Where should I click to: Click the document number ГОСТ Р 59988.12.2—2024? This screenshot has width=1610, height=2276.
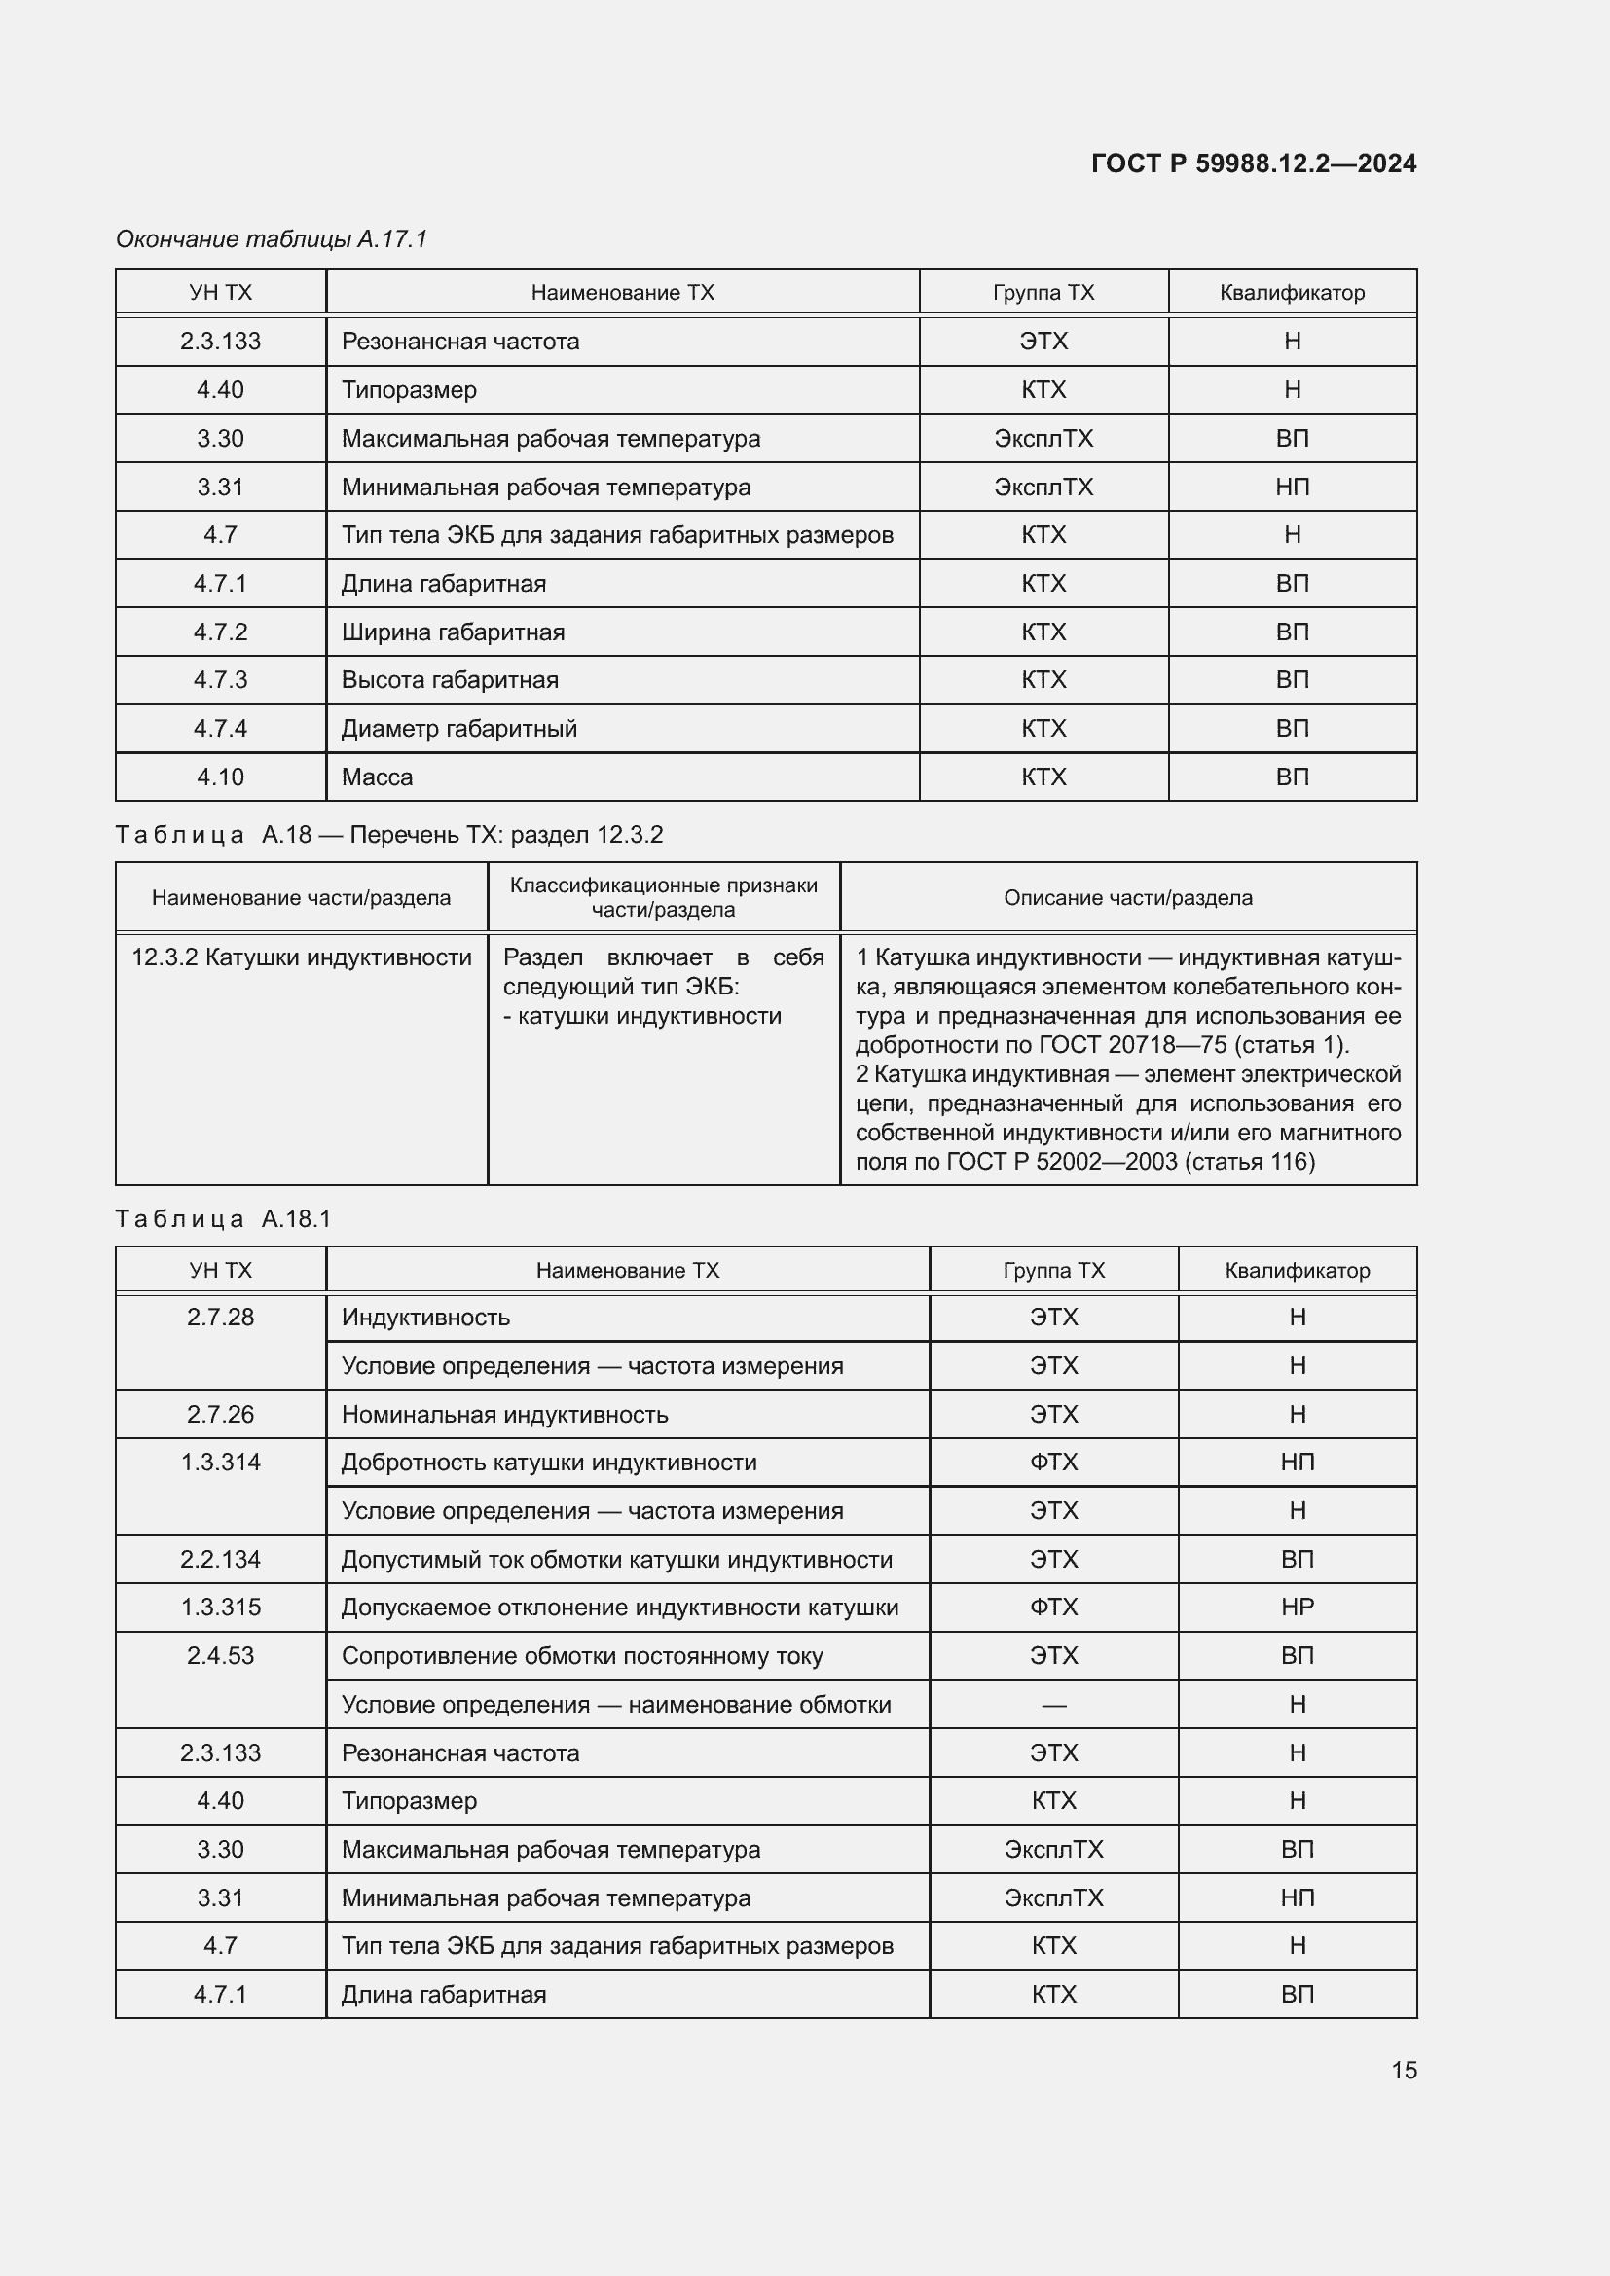pyautogui.click(x=1253, y=163)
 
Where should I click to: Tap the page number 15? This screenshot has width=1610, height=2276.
pyautogui.click(x=1404, y=2070)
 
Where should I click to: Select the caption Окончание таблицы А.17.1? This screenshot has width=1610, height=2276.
pyautogui.click(x=272, y=239)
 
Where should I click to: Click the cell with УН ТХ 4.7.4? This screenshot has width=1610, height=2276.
pyautogui.click(x=220, y=729)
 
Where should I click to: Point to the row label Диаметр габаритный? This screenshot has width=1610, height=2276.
pyautogui.click(x=459, y=729)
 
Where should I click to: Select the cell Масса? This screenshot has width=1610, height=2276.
pyautogui.click(x=377, y=777)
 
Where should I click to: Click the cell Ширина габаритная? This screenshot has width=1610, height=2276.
pyautogui.click(x=453, y=632)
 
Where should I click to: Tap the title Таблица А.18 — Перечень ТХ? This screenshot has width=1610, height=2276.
pyautogui.click(x=388, y=835)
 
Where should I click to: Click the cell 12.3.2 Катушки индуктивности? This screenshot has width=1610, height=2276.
pyautogui.click(x=302, y=957)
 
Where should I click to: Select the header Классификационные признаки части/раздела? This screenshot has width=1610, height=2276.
pyautogui.click(x=663, y=897)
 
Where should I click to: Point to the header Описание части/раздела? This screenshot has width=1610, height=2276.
pyautogui.click(x=1127, y=898)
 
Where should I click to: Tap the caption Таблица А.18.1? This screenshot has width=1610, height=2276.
pyautogui.click(x=223, y=1219)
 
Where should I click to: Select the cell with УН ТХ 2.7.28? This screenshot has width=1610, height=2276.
pyautogui.click(x=220, y=1318)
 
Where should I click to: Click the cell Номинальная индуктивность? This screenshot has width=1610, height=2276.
pyautogui.click(x=504, y=1415)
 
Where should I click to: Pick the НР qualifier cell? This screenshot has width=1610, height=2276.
pyautogui.click(x=1297, y=1608)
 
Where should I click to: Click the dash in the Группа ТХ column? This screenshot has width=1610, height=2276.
pyautogui.click(x=1053, y=1705)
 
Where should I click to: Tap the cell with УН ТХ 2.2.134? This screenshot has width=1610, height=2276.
pyautogui.click(x=220, y=1559)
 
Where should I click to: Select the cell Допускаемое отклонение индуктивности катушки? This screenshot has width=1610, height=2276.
pyautogui.click(x=620, y=1608)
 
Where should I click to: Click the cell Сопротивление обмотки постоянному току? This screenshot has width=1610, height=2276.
pyautogui.click(x=582, y=1656)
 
